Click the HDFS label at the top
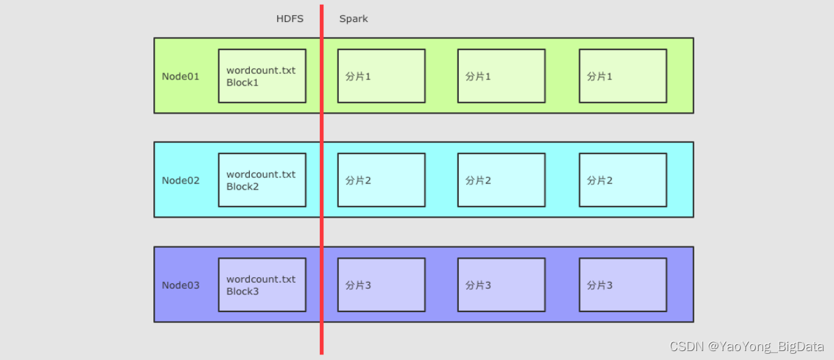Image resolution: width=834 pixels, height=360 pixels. point(290,18)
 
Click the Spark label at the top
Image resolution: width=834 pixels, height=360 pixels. point(353,18)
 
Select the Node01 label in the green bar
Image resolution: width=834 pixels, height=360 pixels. point(181,76)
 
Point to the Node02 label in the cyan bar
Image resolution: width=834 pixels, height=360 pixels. point(181,181)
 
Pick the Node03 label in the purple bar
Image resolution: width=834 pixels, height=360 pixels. point(181,285)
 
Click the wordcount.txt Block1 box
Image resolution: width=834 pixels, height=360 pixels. point(262,76)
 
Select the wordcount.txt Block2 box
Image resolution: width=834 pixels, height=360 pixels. point(262,180)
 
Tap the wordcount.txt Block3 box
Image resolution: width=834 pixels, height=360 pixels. point(262,285)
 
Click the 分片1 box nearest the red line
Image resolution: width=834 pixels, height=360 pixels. point(381,76)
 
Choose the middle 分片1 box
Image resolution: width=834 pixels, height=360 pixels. point(501,76)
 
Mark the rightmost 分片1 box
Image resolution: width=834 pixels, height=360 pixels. point(622,76)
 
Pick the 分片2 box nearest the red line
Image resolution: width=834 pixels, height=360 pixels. point(381,180)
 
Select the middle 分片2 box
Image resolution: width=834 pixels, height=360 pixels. point(501,180)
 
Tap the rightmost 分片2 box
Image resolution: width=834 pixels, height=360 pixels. point(622,180)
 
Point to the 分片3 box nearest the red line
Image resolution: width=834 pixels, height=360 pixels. point(381,285)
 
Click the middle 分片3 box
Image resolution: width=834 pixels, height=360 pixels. point(501,285)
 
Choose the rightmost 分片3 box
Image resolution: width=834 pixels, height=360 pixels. point(622,285)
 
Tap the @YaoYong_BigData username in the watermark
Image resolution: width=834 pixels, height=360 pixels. point(767,346)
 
